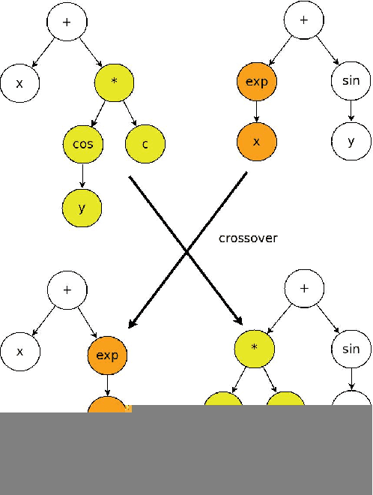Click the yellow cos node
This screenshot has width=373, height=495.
point(82,143)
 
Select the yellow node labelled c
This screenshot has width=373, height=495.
point(145,143)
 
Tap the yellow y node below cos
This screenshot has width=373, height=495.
point(81,208)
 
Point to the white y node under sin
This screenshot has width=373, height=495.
point(351,142)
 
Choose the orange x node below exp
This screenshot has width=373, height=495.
point(257,142)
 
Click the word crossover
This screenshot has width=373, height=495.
point(248,238)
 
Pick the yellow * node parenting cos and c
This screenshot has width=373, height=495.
point(114,82)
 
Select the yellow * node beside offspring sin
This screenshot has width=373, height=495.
point(254,348)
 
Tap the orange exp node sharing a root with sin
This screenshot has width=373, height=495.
point(257,81)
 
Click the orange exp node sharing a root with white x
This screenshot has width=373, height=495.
point(107,355)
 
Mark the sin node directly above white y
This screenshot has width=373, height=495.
point(351,81)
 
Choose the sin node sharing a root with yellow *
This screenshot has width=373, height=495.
point(351,349)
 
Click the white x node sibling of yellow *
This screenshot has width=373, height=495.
point(19,83)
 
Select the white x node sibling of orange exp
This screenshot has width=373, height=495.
point(19,352)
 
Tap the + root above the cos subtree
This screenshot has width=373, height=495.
point(67,21)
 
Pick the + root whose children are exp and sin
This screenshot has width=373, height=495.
point(303,20)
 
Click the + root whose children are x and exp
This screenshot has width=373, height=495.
point(67,289)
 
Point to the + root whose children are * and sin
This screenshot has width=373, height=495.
point(304,288)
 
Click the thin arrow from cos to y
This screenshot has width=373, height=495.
point(82,175)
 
